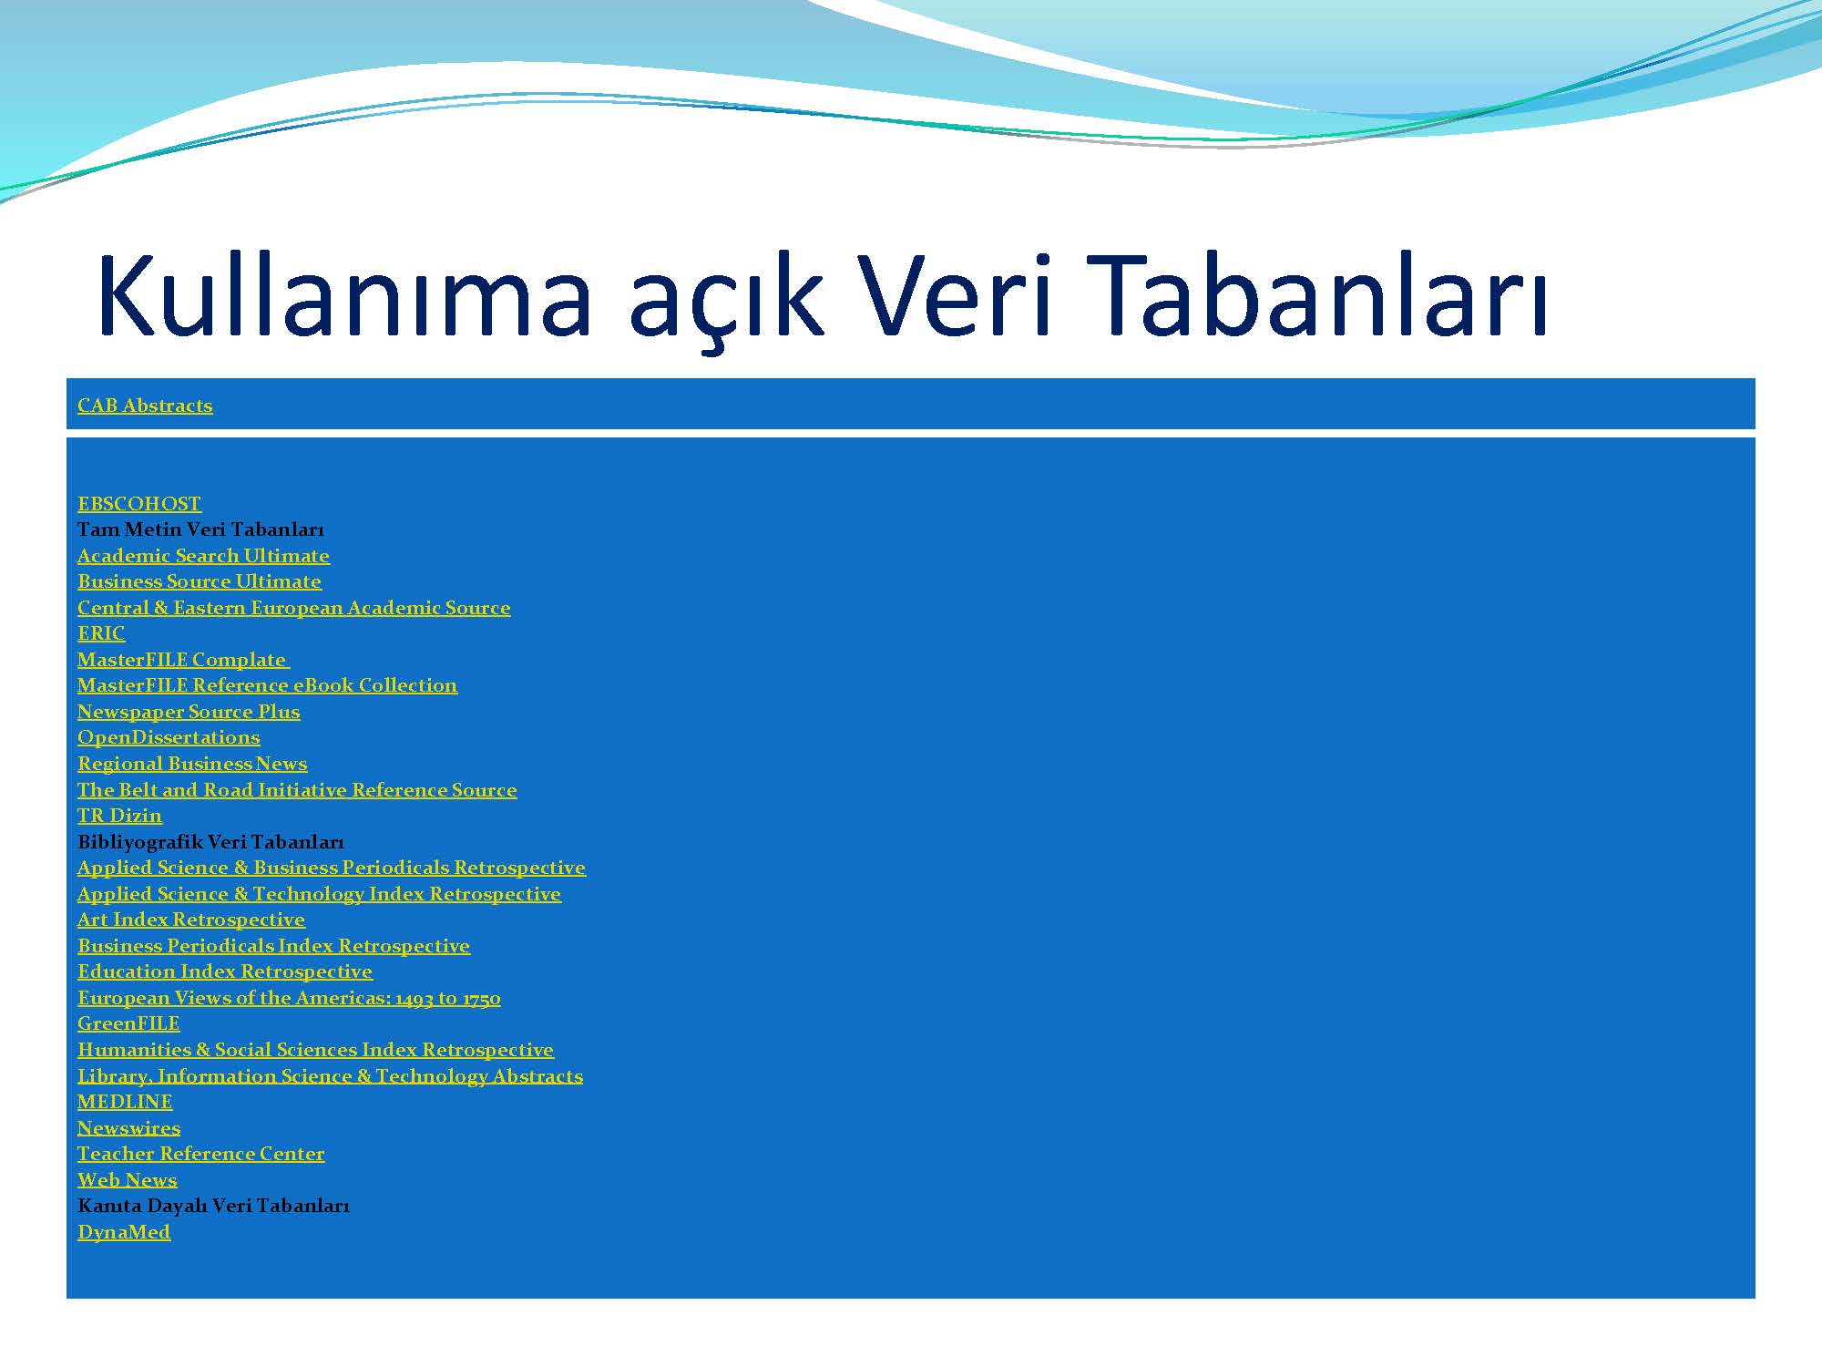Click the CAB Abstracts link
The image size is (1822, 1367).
point(144,406)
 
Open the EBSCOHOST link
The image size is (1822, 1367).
point(138,504)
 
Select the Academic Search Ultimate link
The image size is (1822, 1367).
point(203,556)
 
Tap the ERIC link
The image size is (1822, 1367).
point(100,633)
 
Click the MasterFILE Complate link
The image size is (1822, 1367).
point(182,660)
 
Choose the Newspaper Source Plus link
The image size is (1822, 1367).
point(188,712)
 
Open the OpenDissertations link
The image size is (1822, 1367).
point(168,737)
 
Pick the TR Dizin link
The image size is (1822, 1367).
point(118,816)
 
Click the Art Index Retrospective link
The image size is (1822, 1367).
point(190,920)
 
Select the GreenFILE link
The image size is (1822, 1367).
point(128,1023)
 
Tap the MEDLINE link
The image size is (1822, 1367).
point(124,1102)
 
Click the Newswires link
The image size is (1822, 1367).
point(128,1128)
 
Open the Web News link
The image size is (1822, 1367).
point(127,1180)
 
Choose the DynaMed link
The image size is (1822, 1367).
point(123,1232)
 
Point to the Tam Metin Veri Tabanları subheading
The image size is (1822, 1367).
point(200,529)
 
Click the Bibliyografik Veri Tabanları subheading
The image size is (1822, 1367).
point(210,842)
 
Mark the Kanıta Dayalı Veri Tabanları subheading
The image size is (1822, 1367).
point(213,1206)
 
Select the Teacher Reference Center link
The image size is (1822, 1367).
point(200,1154)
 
